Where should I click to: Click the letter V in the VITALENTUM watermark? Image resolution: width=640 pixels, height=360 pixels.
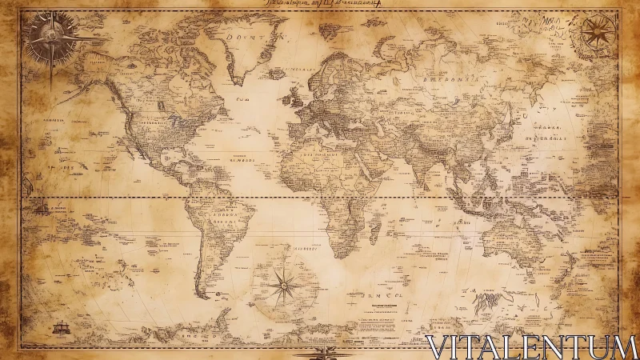439,347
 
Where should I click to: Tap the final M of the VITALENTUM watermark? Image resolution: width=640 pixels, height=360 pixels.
623,347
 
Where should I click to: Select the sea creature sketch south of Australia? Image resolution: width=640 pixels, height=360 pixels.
486,302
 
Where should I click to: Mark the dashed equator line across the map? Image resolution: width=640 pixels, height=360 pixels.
320,196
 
